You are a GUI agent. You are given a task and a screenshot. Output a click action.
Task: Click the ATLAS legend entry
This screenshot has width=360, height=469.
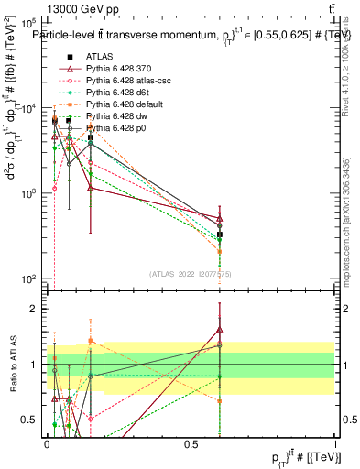101,58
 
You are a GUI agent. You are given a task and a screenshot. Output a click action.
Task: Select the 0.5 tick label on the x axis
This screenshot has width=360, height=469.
191,443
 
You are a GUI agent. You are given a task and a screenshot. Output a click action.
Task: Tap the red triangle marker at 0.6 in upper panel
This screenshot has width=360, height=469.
220,218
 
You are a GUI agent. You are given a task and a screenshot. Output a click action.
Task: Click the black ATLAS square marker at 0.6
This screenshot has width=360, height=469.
220,234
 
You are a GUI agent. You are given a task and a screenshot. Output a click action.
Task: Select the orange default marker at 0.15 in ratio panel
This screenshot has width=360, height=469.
91,340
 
